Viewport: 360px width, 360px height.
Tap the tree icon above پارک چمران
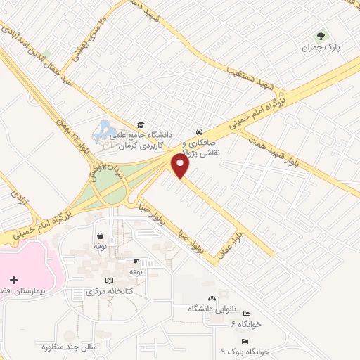point(321,36)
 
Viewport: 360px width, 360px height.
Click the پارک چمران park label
point(320,48)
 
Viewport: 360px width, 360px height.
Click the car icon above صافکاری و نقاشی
point(200,131)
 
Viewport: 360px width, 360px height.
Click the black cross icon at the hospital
point(14,281)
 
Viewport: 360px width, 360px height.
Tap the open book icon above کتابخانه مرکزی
point(108,281)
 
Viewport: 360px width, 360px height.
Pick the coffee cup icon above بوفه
point(136,261)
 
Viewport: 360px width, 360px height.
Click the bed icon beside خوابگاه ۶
point(246,314)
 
